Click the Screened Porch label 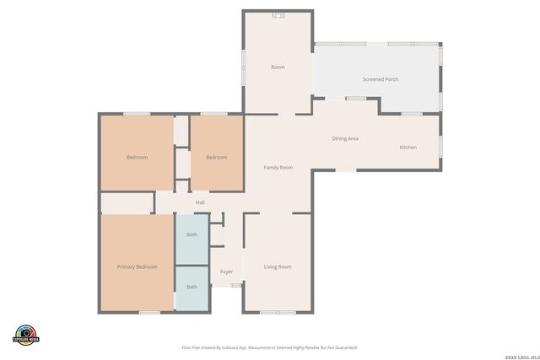[x=380, y=79]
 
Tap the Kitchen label [x=408, y=148]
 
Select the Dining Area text [x=345, y=138]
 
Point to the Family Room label [x=278, y=168]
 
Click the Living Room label [x=278, y=266]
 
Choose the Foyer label [x=226, y=271]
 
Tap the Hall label [x=200, y=202]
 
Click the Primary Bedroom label [x=137, y=266]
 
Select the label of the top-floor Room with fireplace [x=278, y=67]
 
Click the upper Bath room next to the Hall [x=192, y=239]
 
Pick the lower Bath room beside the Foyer [x=192, y=287]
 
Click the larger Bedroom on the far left [x=137, y=158]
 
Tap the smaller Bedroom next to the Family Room [x=217, y=158]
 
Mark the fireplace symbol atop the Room [x=278, y=14]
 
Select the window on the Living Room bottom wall [x=278, y=313]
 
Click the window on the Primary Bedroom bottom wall [x=149, y=313]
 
